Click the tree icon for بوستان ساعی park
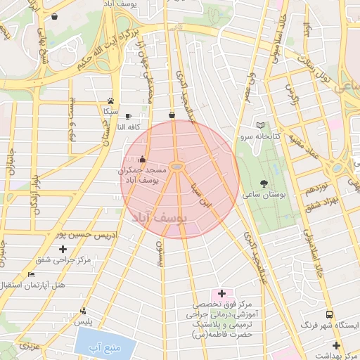click(264, 184)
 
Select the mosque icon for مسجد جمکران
click(143, 159)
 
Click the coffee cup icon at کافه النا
click(127, 116)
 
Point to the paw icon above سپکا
click(110, 101)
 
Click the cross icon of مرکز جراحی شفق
click(63, 249)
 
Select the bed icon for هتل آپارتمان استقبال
click(30, 274)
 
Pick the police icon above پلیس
click(84, 311)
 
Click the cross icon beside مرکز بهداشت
click(337, 345)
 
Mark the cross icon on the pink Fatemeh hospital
click(221, 293)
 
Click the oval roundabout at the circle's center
click(178, 167)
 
